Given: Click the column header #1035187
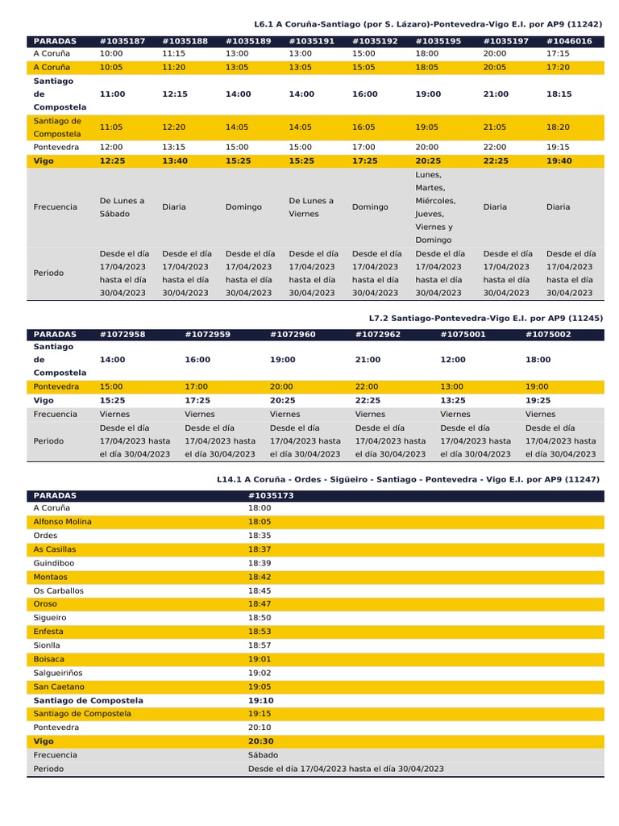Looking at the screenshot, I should [123, 40].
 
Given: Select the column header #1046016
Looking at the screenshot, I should [569, 40].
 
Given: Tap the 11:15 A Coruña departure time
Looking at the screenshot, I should [174, 53].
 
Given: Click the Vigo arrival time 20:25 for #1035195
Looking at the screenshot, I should [427, 161].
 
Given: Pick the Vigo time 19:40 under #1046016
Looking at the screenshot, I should [559, 161].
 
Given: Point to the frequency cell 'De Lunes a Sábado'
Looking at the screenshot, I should [122, 207].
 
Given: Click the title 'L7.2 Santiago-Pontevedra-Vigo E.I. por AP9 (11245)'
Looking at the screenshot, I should [485, 318].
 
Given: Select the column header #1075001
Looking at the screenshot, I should [463, 334].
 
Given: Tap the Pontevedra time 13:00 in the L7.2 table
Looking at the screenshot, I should [452, 386].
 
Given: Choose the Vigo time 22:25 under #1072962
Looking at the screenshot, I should [368, 400].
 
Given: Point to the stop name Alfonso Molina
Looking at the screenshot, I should [62, 522].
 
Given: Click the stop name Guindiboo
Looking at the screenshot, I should [54, 563].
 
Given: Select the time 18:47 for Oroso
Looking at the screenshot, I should [260, 604].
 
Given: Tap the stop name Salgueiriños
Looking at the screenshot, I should [58, 672].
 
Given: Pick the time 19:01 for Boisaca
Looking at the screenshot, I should [260, 659].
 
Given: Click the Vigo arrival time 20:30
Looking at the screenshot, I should [261, 741].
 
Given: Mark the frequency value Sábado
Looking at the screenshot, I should [263, 755].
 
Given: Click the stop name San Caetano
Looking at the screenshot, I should [59, 686].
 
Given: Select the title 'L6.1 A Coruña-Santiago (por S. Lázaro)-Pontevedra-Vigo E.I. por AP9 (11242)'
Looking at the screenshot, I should [428, 24].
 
